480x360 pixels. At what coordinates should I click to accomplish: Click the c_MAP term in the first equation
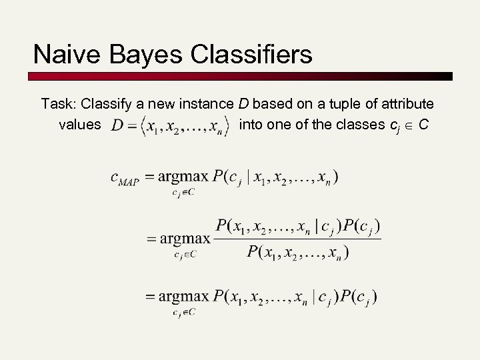tap(124, 179)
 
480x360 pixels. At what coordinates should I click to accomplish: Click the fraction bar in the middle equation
tap(297, 239)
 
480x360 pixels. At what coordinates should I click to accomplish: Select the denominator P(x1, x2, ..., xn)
tap(298, 252)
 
